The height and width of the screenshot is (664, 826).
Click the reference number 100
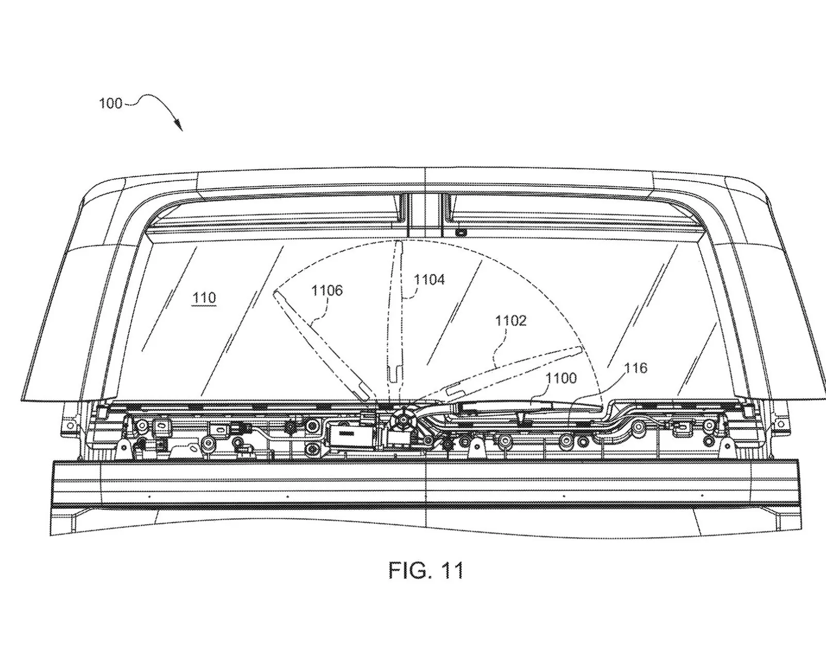pyautogui.click(x=110, y=103)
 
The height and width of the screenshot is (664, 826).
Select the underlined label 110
pyautogui.click(x=204, y=298)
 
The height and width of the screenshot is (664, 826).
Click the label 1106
pyautogui.click(x=327, y=290)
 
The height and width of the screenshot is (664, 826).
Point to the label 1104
pyautogui.click(x=429, y=280)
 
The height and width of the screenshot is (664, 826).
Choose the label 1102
pyautogui.click(x=510, y=321)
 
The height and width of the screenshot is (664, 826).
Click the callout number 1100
pyautogui.click(x=561, y=378)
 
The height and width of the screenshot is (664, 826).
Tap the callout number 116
pyautogui.click(x=635, y=368)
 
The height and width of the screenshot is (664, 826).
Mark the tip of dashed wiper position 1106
pyautogui.click(x=275, y=293)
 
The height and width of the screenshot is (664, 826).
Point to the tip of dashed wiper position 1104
pyautogui.click(x=398, y=244)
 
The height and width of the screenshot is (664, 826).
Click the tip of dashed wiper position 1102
pyautogui.click(x=580, y=350)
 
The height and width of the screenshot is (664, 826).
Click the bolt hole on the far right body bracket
pyautogui.click(x=781, y=424)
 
